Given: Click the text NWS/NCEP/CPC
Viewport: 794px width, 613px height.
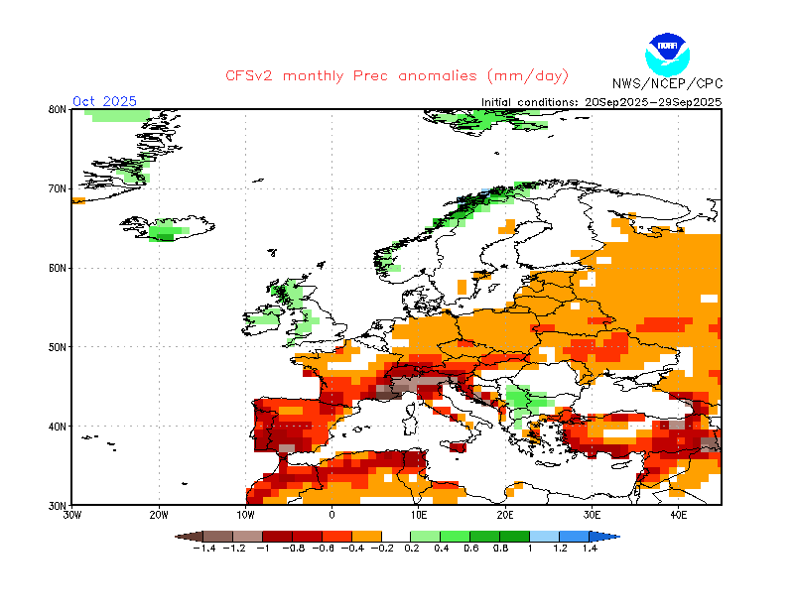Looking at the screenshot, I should (667, 82).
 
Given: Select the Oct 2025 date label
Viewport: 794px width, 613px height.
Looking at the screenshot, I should (104, 101).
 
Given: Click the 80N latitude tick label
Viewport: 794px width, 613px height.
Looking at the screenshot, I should (58, 109).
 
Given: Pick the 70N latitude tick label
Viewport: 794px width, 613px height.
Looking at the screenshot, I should (58, 188).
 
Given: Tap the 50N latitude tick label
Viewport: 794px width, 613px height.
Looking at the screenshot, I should (58, 347).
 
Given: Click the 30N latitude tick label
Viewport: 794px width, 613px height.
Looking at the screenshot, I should (58, 505).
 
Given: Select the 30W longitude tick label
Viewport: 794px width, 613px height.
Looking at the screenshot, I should (72, 516).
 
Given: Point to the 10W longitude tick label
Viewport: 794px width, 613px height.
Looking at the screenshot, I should (245, 516).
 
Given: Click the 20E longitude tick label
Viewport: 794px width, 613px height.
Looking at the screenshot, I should (505, 516).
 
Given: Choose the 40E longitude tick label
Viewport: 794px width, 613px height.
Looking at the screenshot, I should (679, 516).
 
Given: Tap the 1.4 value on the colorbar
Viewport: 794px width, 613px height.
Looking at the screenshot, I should (590, 548).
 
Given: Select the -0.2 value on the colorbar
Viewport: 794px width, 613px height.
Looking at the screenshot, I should (382, 548).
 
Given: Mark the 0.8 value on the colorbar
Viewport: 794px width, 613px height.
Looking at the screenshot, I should (500, 548).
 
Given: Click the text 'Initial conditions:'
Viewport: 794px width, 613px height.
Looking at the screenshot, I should (531, 101).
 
